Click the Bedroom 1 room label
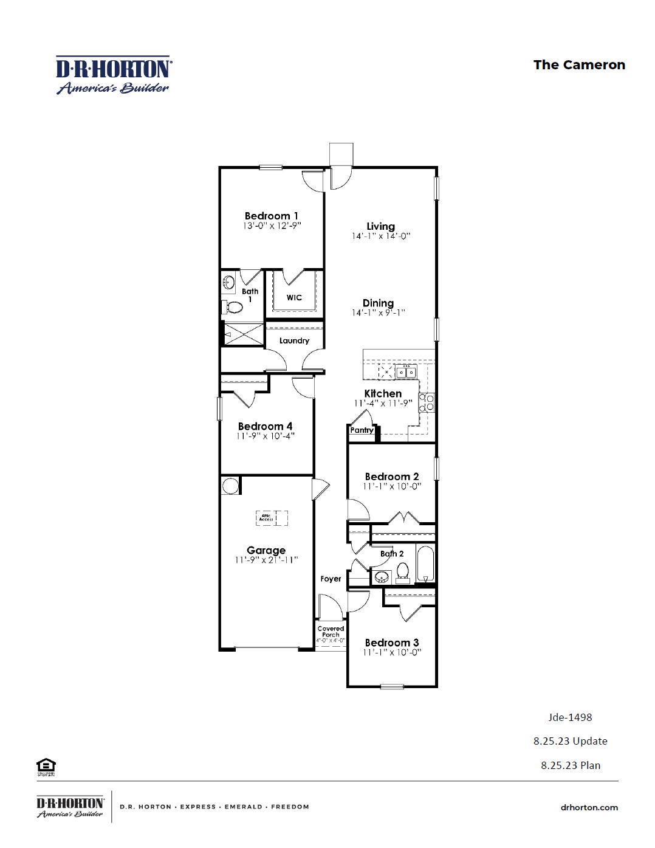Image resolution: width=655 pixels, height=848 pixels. coord(271,216)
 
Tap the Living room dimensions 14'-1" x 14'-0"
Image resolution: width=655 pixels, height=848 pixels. coord(381,236)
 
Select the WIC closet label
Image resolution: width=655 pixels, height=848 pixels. coord(294,297)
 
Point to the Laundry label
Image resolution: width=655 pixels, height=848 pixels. coord(294,340)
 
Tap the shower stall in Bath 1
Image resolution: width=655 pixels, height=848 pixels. coord(244,334)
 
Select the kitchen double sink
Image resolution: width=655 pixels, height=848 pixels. coord(406,372)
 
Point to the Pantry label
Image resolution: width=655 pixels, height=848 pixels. coord(362,430)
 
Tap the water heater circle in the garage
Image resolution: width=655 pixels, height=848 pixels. coord(230,486)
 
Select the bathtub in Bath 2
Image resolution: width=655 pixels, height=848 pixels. coord(425,564)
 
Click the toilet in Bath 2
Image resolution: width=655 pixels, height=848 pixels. coord(402,571)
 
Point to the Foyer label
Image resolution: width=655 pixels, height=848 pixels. coord(331,579)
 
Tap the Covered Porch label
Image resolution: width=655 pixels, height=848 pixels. coord(331,632)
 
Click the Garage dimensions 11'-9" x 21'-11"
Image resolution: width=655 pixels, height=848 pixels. coord(266,560)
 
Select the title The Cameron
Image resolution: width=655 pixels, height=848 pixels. coord(579,65)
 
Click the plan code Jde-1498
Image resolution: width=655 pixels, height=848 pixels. coord(570,717)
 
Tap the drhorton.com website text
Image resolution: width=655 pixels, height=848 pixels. coord(589,807)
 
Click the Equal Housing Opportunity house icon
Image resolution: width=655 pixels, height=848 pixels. coord(46,766)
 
